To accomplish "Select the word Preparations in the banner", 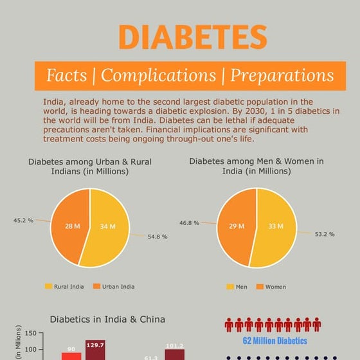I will tap(282, 76).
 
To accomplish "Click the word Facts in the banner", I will tap(66, 76).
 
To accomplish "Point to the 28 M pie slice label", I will tap(70, 226).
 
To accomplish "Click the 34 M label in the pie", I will tap(107, 226).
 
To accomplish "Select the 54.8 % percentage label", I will tap(157, 237).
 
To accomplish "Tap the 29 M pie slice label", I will tap(236, 226).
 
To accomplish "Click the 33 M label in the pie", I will tap(275, 226).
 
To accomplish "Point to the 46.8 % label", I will tap(190, 222).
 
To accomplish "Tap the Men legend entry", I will tap(237, 287).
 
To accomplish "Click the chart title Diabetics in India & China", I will tap(107, 319).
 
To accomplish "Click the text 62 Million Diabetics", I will tap(275, 341).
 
